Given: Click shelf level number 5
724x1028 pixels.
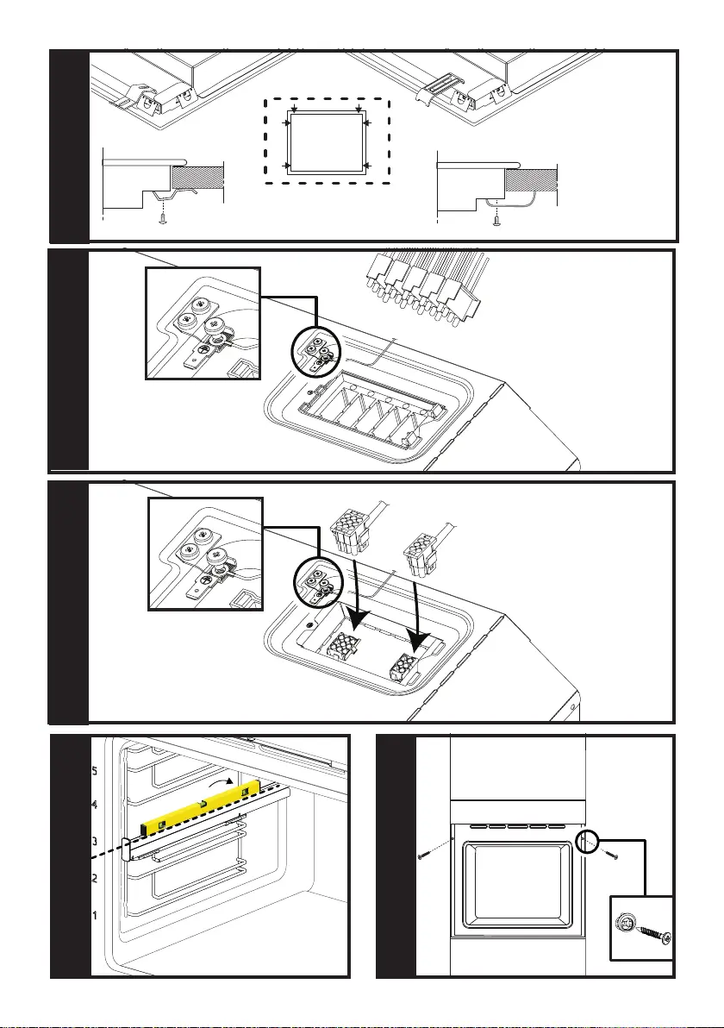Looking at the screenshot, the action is click(x=95, y=771).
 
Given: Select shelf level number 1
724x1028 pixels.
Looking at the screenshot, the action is click(x=95, y=913).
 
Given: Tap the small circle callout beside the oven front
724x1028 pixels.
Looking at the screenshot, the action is click(x=587, y=842).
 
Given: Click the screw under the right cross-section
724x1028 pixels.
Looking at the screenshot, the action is click(x=497, y=220).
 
